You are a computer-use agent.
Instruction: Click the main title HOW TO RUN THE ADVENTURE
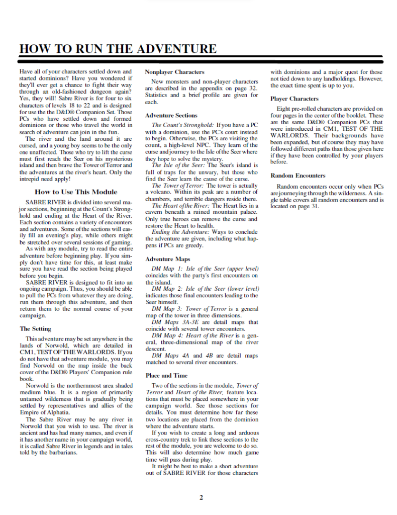click(118, 49)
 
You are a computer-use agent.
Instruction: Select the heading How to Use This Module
click(76, 192)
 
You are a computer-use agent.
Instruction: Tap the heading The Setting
click(35, 328)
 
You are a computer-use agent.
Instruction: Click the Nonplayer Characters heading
click(174, 72)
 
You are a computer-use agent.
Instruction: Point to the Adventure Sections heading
click(171, 116)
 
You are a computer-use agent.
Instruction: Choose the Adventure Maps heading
click(167, 259)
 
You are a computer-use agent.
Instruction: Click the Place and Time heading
click(166, 375)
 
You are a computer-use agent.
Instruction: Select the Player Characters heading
click(294, 99)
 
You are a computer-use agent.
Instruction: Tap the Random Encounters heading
click(297, 176)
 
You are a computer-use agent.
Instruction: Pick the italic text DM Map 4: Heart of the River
click(192, 335)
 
